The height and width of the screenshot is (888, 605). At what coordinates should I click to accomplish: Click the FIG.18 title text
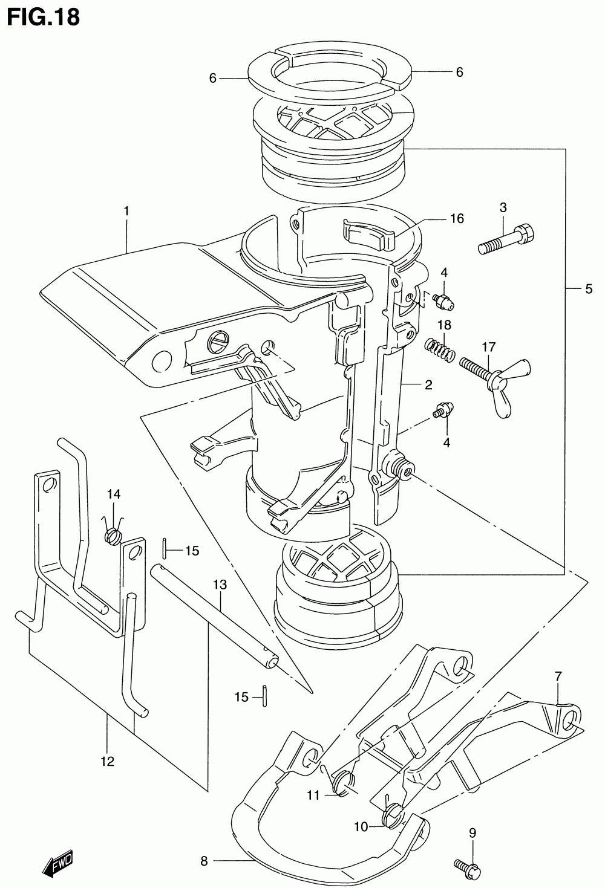43,18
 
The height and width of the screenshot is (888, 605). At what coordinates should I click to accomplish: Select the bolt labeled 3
505,239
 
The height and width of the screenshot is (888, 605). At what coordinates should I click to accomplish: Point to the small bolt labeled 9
468,867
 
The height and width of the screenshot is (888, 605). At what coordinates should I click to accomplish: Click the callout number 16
457,218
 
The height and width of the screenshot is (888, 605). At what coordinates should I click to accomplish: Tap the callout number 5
589,289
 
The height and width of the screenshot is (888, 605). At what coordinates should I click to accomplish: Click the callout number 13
220,585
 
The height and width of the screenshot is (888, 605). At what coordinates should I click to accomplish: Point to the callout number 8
204,861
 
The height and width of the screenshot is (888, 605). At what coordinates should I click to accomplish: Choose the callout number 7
558,676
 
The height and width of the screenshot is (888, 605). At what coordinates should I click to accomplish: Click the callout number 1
126,211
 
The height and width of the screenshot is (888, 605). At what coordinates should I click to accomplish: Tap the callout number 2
428,384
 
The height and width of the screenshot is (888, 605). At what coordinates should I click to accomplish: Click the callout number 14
114,494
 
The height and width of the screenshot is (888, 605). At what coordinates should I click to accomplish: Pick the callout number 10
361,827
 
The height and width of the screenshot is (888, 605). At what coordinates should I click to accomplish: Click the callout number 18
444,325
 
